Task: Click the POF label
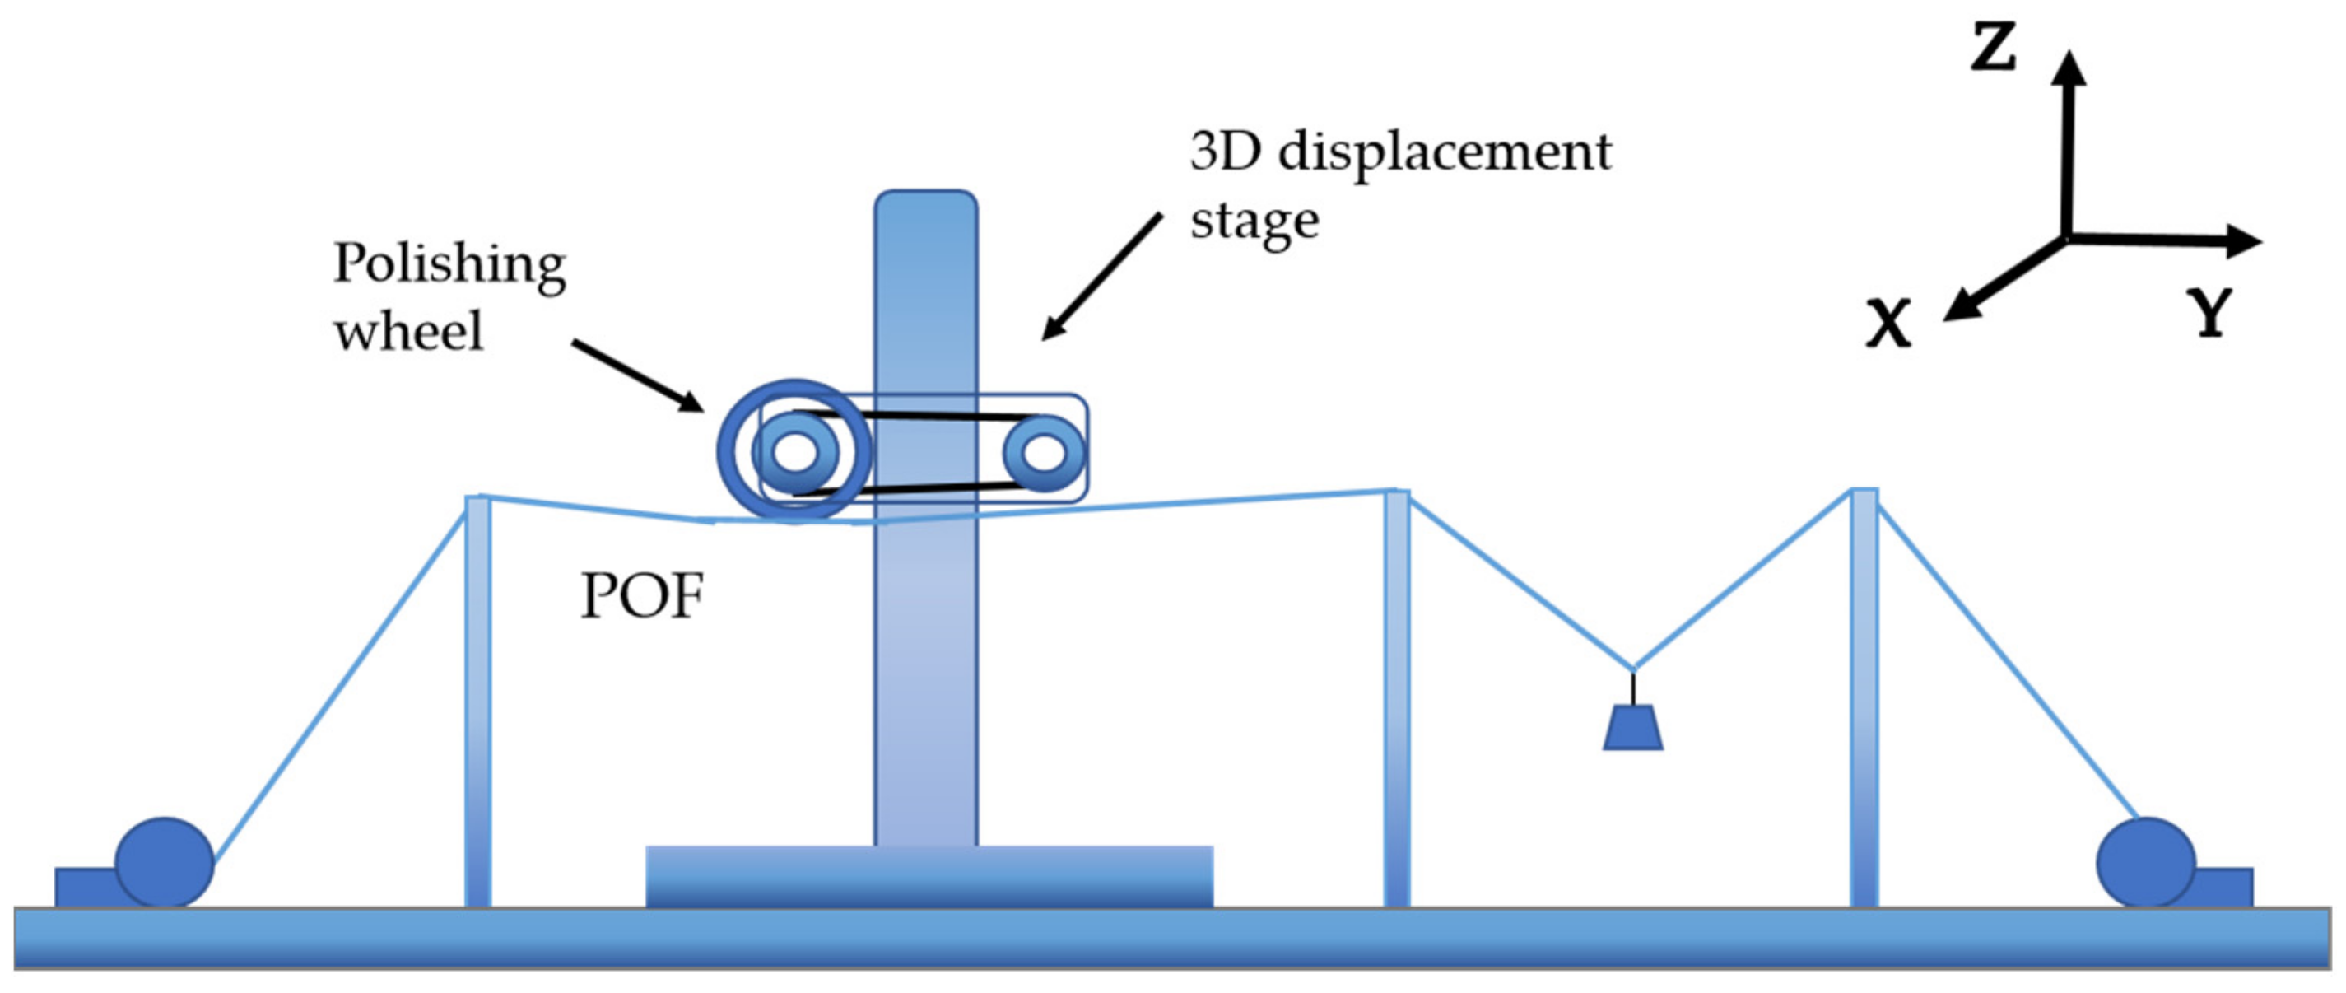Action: click(642, 597)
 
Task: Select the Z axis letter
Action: click(1993, 48)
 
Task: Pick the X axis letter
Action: click(1888, 324)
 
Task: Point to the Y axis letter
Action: click(2210, 313)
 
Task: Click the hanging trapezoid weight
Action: click(1633, 728)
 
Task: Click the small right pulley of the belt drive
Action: click(1045, 453)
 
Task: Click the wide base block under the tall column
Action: click(929, 876)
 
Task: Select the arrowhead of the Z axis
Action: click(2069, 68)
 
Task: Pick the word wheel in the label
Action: click(408, 331)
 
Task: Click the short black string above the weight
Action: click(1633, 688)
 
